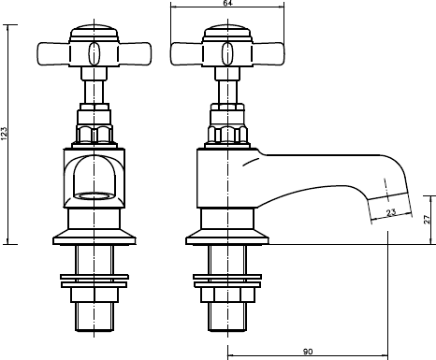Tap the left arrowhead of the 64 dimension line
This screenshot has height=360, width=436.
(173, 9)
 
